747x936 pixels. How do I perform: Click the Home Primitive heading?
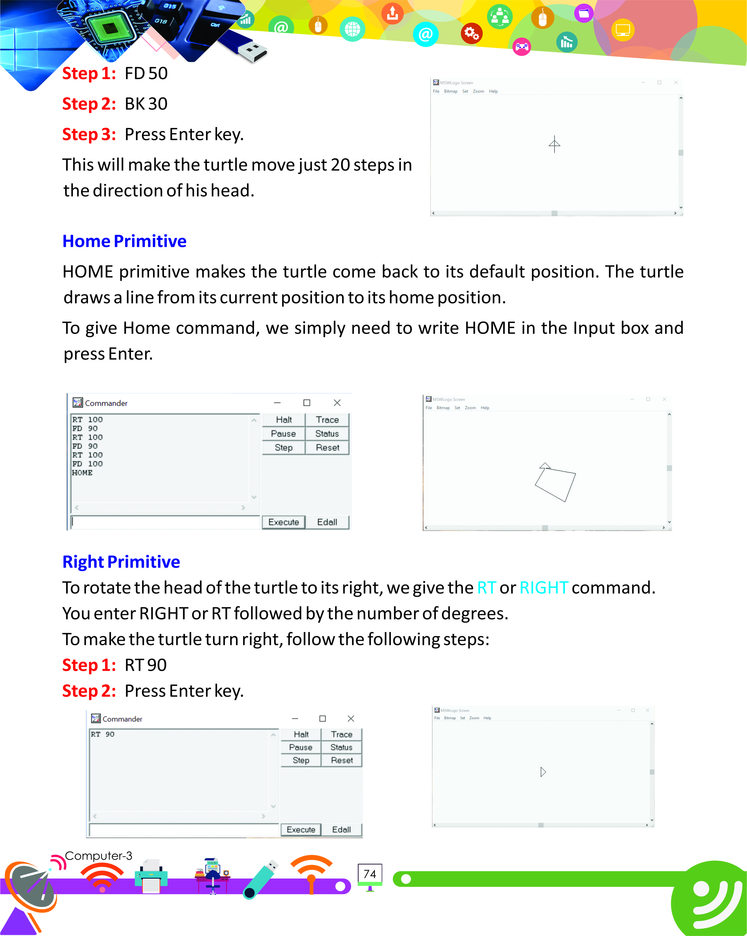tap(124, 241)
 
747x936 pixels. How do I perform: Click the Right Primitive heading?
tap(121, 562)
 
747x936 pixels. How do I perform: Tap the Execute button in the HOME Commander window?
tap(283, 522)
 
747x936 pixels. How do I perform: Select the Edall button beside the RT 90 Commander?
tap(341, 830)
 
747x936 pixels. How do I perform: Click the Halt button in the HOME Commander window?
tap(283, 420)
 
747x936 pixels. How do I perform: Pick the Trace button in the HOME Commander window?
tap(327, 420)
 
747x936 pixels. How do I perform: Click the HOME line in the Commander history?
tap(82, 473)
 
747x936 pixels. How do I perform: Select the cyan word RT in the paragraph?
tap(486, 588)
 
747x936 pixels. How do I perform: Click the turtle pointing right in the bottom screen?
tap(543, 772)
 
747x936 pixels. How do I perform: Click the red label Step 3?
tap(89, 135)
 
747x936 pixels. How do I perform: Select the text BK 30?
tap(146, 104)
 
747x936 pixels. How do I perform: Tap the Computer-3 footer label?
tap(98, 856)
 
